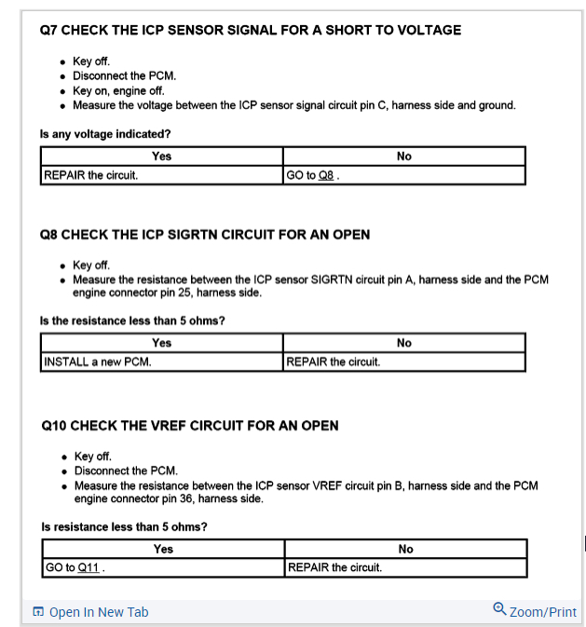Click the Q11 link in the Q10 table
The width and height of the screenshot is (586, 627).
click(89, 567)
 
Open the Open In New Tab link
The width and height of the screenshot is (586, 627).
click(98, 612)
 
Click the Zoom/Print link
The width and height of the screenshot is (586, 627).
click(543, 612)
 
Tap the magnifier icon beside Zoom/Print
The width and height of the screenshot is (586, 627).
click(499, 610)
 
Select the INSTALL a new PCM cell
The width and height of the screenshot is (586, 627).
click(97, 361)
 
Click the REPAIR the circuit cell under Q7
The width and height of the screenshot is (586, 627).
click(90, 175)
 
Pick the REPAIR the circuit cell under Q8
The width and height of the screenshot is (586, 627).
click(334, 361)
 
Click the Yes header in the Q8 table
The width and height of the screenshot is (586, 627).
click(161, 343)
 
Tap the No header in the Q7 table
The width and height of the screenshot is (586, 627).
click(403, 157)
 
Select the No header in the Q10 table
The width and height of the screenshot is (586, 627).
click(405, 549)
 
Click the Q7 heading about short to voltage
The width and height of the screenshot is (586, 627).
click(251, 30)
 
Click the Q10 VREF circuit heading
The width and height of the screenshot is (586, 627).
click(190, 426)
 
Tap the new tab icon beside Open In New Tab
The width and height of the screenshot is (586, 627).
click(38, 612)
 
